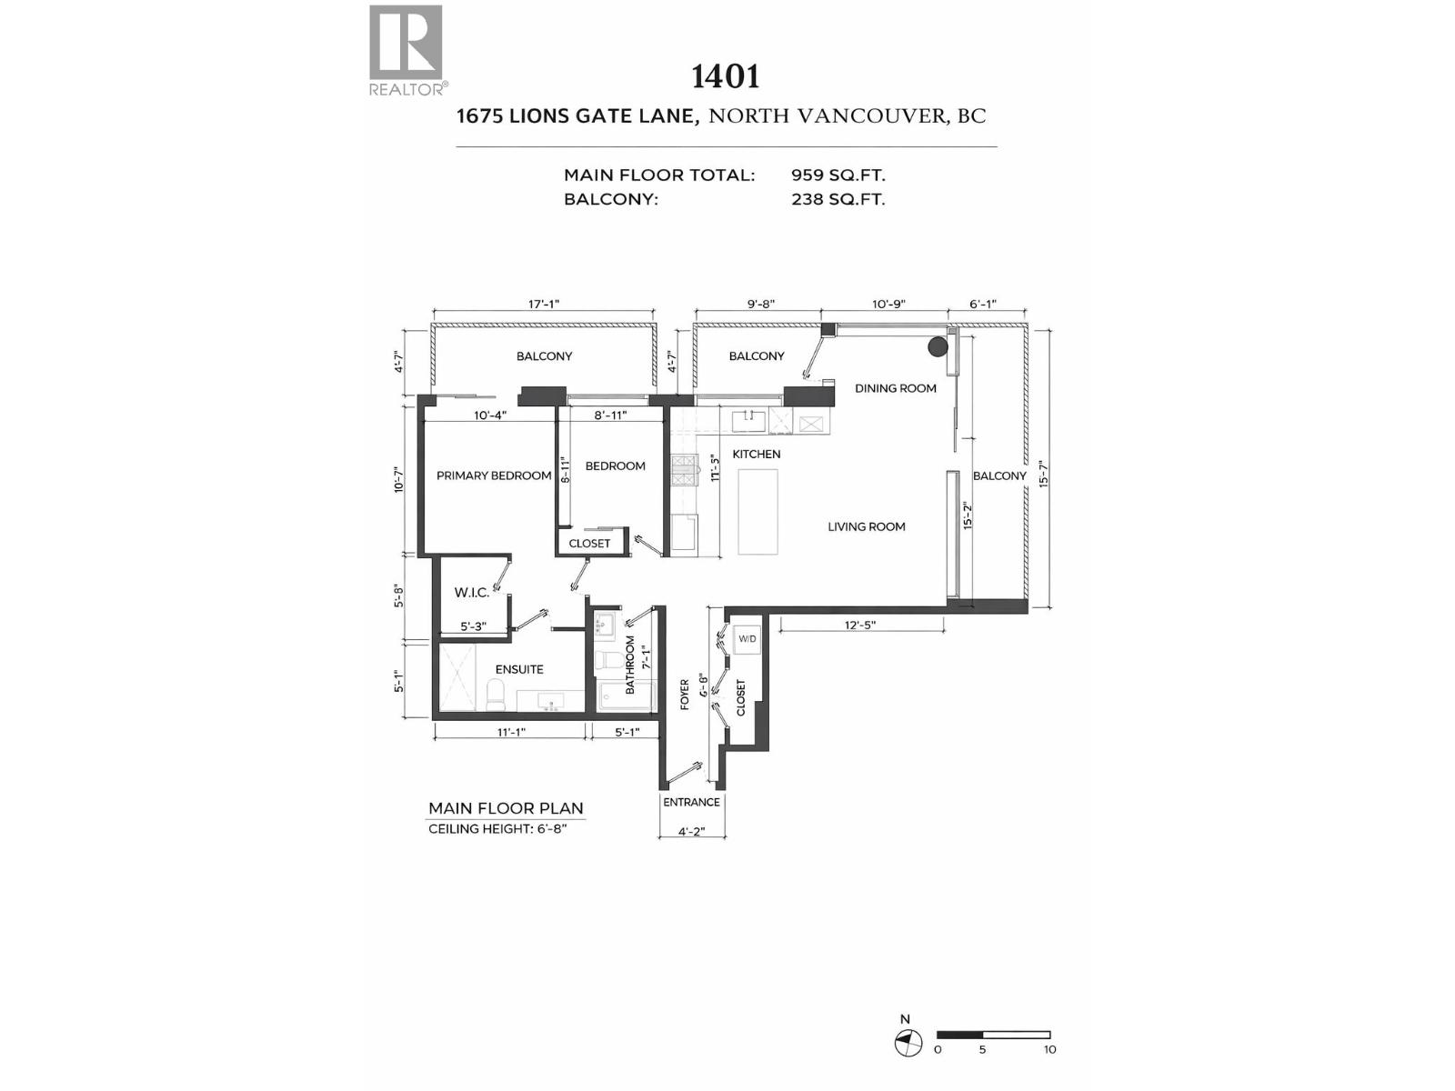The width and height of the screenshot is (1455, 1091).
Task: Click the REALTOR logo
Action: pos(406,50)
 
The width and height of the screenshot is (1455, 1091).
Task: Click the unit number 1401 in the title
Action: pos(725,76)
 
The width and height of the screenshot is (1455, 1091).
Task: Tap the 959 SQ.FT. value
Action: pos(838,175)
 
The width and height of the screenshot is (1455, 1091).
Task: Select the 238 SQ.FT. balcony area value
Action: pos(838,199)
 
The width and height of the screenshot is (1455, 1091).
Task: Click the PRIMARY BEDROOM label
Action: pos(494,475)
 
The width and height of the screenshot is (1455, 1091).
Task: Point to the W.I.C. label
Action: pos(471,593)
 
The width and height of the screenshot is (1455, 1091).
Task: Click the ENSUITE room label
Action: pos(519,669)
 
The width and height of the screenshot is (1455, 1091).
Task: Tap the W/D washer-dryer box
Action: pos(747,638)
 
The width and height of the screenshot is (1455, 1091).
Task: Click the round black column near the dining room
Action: pos(938,346)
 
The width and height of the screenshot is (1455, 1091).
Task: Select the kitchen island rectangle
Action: pos(758,511)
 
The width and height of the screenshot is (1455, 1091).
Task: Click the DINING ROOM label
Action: pos(895,388)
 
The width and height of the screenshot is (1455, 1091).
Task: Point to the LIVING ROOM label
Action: pos(866,526)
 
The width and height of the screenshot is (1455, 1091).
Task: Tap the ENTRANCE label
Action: pos(691,802)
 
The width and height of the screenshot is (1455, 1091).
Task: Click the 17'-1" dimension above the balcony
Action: pos(544,304)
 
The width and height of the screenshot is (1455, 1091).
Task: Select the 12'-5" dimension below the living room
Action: pos(859,626)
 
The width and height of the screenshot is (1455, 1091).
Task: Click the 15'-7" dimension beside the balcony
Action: pos(1044,474)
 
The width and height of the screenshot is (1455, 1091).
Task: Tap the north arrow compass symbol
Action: pos(907,1042)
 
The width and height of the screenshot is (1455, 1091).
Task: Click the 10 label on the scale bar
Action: pos(1049,1049)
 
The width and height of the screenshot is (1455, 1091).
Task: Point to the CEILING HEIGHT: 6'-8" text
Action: pos(497,829)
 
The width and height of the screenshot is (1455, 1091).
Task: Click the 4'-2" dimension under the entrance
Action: pos(691,831)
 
